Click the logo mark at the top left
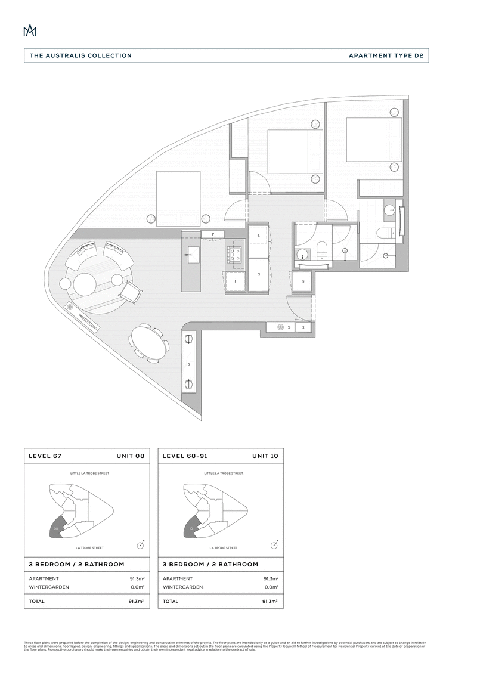pyautogui.click(x=30, y=31)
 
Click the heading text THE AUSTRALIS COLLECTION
pyautogui.click(x=81, y=55)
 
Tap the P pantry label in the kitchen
pyautogui.click(x=212, y=234)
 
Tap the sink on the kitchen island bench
pyautogui.click(x=193, y=257)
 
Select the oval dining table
pyautogui.click(x=146, y=342)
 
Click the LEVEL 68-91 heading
pyautogui.click(x=184, y=456)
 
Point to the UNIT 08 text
pyautogui.click(x=131, y=456)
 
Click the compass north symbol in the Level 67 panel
pyautogui.click(x=140, y=544)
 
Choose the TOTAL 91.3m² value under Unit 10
pyautogui.click(x=271, y=602)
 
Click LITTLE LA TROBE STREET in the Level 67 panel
pyautogui.click(x=89, y=473)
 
